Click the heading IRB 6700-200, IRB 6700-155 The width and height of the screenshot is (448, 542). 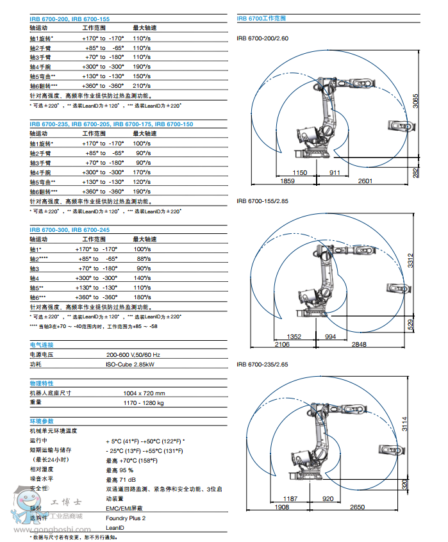[x=69, y=19]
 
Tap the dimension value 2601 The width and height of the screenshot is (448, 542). [x=365, y=182]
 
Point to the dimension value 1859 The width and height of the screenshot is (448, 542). [x=287, y=182]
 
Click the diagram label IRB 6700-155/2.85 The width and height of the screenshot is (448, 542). [x=263, y=201]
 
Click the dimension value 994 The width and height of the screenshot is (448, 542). [x=329, y=336]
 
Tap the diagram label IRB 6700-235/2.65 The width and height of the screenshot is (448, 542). [x=263, y=364]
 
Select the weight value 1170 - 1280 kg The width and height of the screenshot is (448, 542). [x=144, y=403]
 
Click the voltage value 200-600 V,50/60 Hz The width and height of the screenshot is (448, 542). [x=133, y=354]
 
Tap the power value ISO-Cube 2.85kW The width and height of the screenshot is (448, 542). [x=130, y=364]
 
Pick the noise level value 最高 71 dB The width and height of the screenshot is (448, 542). [x=120, y=479]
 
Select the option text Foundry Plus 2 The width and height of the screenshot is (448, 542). [x=126, y=518]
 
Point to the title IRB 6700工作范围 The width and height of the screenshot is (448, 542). [x=261, y=19]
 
